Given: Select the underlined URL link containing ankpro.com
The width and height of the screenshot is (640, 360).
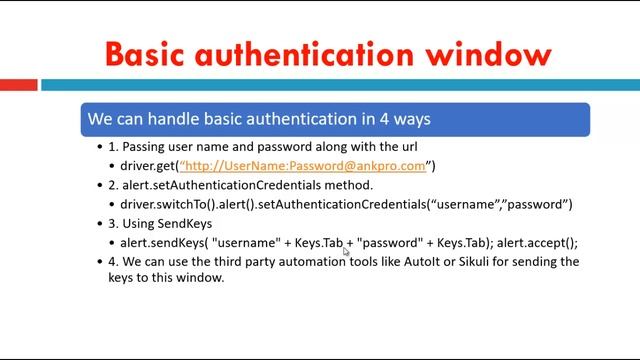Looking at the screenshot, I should (304, 166).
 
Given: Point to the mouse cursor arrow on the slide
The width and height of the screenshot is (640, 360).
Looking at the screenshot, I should (346, 252).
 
